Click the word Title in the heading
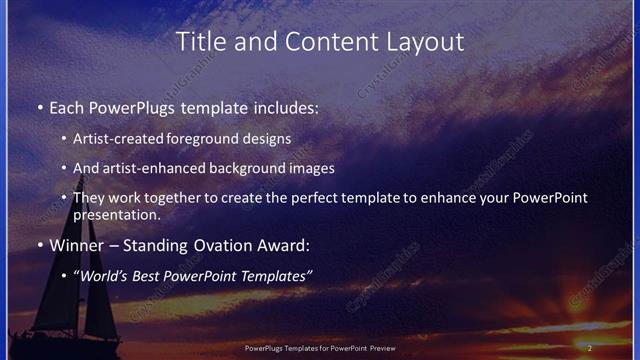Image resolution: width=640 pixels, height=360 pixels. pyautogui.click(x=198, y=42)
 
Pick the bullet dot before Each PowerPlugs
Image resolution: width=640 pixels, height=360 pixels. pyautogui.click(x=39, y=105)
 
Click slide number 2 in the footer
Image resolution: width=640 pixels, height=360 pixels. pyautogui.click(x=590, y=348)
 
